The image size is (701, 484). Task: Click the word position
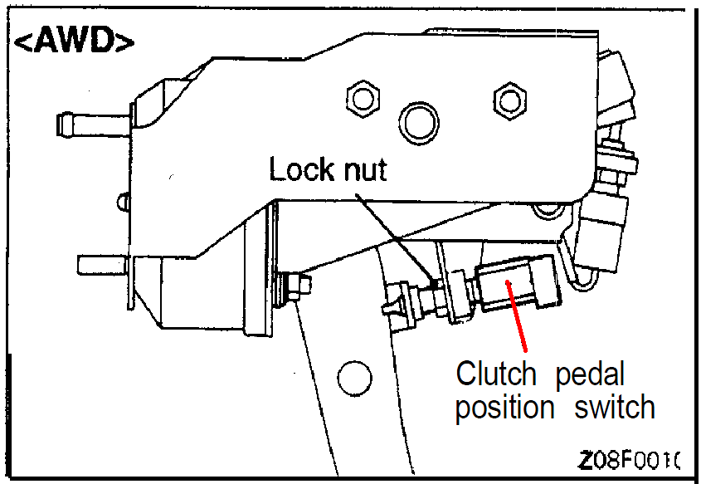click(504, 408)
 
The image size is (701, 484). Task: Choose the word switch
click(613, 408)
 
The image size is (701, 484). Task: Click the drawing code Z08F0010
click(630, 459)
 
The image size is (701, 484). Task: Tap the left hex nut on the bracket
click(362, 99)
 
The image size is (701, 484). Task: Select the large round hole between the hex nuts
click(418, 123)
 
